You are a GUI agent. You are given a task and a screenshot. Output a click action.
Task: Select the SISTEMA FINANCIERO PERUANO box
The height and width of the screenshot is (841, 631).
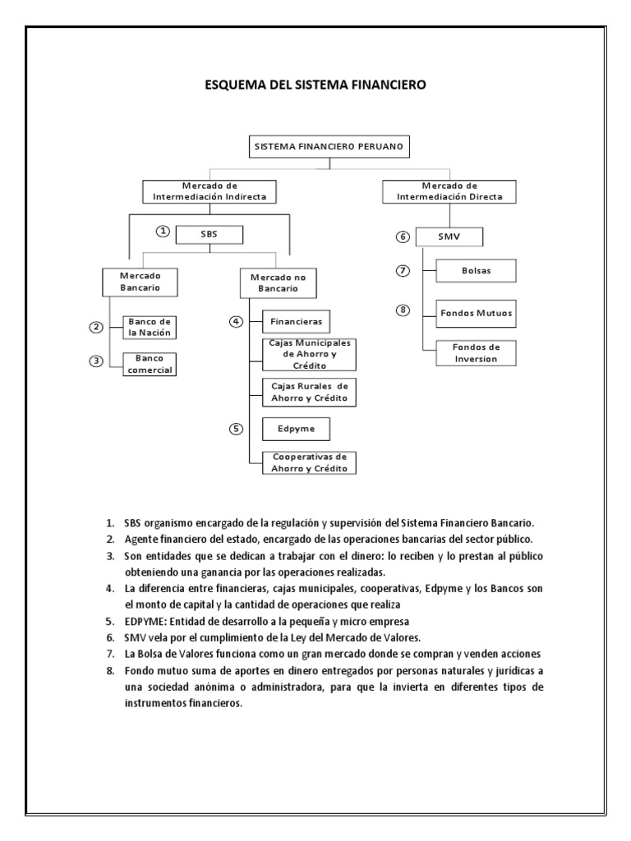click(x=329, y=147)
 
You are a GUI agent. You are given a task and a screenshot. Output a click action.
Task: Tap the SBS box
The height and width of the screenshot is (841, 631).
click(x=210, y=233)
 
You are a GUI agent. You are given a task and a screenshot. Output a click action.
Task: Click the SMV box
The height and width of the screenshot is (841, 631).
click(x=449, y=237)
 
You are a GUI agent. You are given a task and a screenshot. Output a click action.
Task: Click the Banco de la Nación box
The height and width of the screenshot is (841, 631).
click(x=150, y=327)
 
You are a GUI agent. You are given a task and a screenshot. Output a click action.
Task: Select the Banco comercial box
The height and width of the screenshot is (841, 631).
click(x=150, y=363)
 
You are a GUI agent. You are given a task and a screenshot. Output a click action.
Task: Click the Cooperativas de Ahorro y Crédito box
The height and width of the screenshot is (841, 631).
click(x=310, y=462)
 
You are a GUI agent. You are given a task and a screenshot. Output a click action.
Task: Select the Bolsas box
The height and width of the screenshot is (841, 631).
click(x=477, y=269)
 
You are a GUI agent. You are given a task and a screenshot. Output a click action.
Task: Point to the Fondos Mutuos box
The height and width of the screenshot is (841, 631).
click(x=477, y=313)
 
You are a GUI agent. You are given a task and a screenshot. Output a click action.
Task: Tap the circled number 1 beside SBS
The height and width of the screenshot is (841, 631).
click(x=163, y=232)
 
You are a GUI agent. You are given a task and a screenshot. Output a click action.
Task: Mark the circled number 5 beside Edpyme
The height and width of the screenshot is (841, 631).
click(x=236, y=428)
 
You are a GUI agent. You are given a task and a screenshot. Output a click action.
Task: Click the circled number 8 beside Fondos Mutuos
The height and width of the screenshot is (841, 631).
click(x=403, y=310)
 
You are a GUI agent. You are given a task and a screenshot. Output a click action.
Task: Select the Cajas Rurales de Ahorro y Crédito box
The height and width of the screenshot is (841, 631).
click(x=310, y=392)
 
